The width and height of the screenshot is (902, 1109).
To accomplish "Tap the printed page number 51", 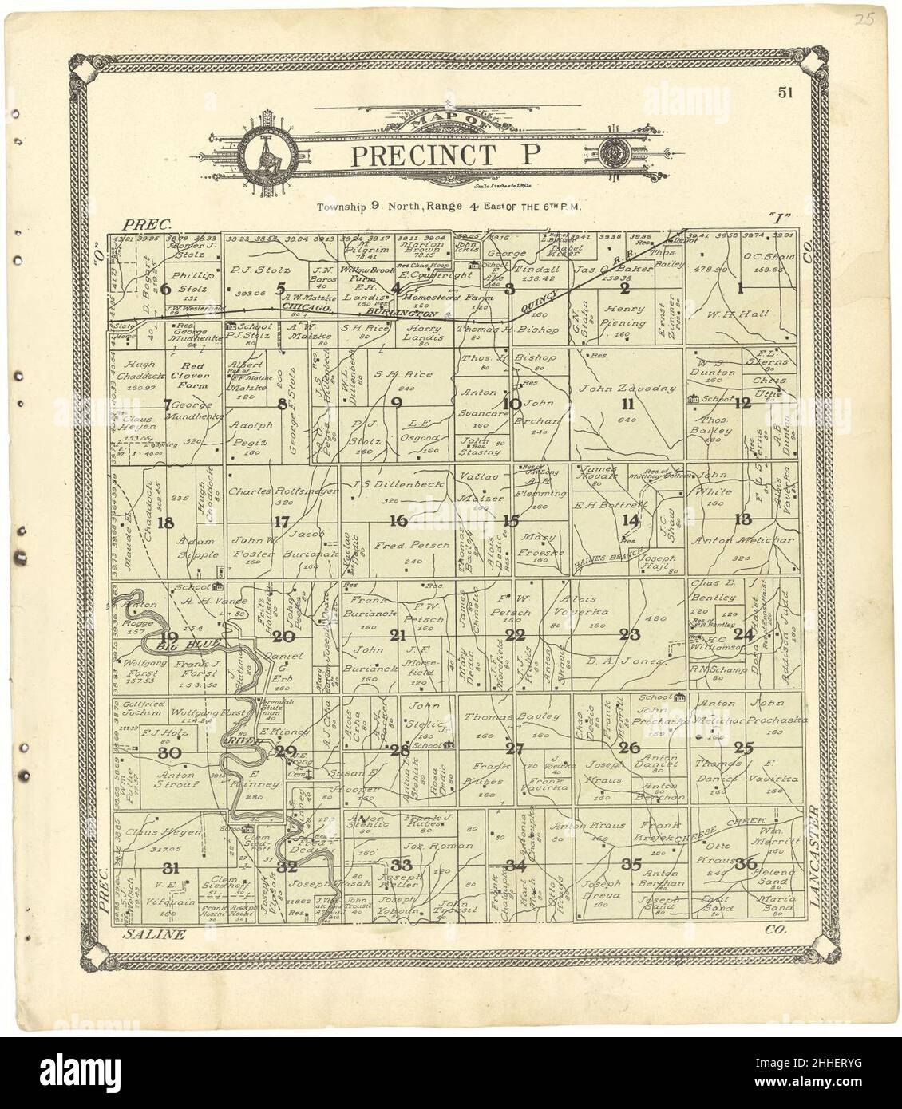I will [x=786, y=93].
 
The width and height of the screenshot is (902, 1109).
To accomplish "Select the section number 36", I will [x=746, y=862].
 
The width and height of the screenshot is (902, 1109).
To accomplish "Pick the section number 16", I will [x=398, y=521].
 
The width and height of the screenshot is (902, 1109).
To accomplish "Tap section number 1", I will [x=741, y=288].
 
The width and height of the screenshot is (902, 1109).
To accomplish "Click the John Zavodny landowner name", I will [x=628, y=389].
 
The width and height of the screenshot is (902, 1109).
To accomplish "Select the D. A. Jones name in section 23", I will [x=615, y=661].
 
